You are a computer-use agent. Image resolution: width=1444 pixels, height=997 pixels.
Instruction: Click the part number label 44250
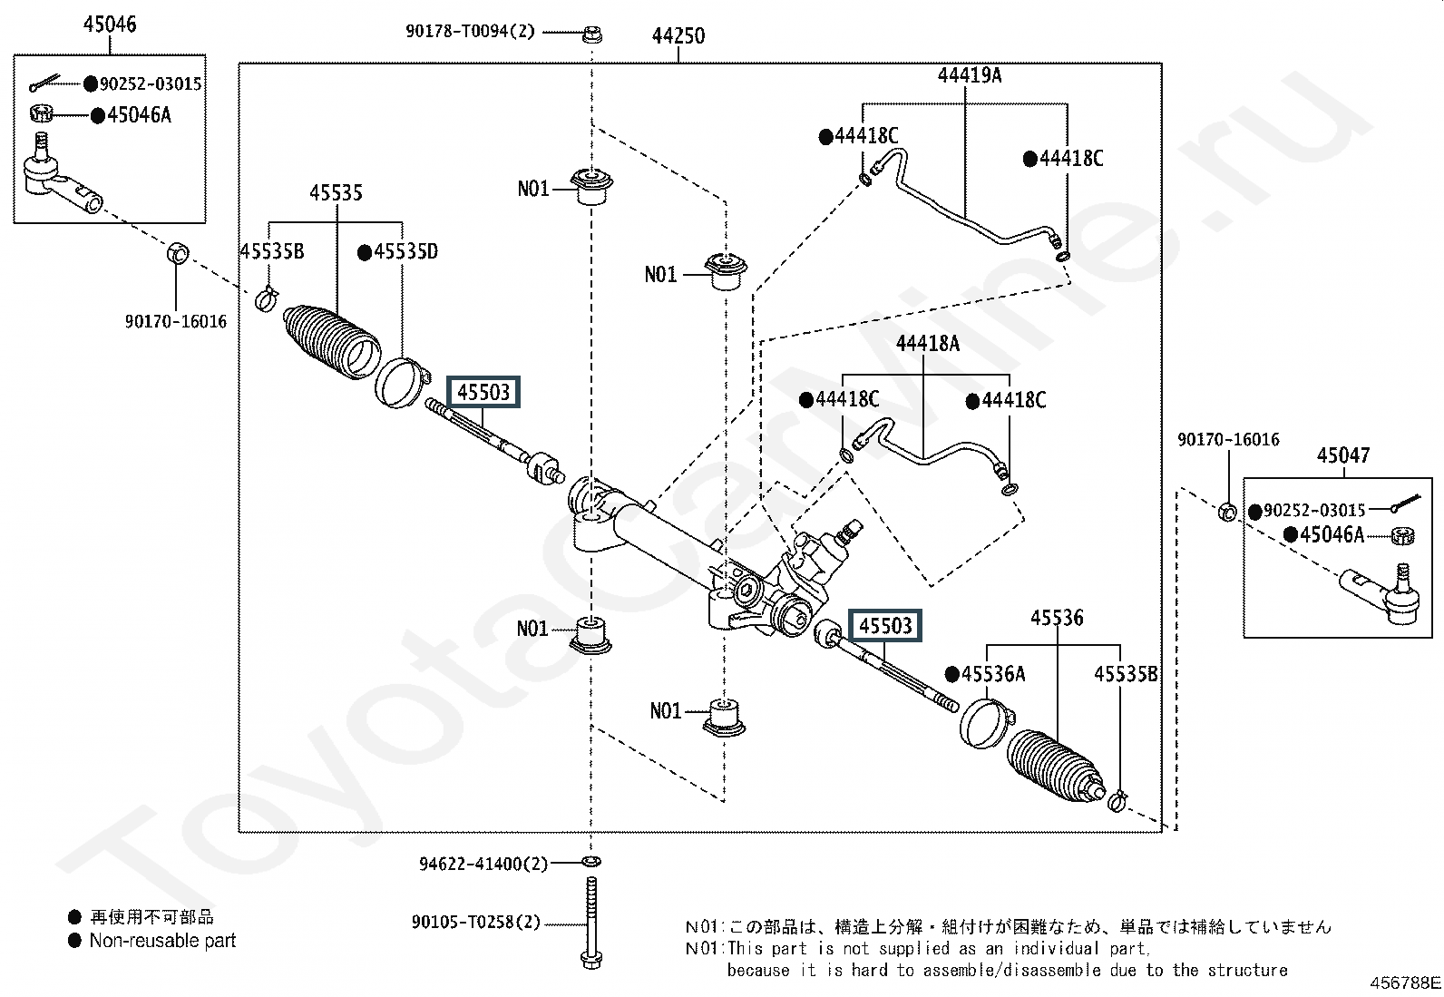pos(678,35)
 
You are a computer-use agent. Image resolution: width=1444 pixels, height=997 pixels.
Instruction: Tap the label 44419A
pos(970,75)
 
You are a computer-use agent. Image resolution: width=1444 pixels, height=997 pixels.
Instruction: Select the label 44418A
pos(928,344)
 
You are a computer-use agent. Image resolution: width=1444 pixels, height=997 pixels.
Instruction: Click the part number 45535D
pos(405,251)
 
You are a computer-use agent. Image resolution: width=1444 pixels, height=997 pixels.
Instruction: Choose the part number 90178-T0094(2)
pos(470,31)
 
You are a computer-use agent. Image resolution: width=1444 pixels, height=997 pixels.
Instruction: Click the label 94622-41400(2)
pos(483,864)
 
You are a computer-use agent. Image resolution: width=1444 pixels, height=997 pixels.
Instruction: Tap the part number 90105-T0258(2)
pos(476,923)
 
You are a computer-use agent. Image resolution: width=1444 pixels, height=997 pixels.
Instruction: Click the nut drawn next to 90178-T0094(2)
pos(591,34)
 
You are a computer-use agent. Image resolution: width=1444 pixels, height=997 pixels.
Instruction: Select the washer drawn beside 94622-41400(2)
pos(591,862)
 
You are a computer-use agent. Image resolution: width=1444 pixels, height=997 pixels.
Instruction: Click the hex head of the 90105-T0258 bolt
pos(590,960)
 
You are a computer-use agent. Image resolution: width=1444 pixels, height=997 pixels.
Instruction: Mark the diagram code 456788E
pos(1405,982)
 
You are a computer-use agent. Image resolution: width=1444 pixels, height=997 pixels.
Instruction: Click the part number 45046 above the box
pos(110,24)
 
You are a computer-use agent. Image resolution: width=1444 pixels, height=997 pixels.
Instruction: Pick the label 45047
pos(1343,455)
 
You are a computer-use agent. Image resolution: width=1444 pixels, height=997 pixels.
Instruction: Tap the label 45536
pos(1058,618)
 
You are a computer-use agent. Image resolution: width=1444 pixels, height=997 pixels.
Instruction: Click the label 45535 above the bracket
pos(336,193)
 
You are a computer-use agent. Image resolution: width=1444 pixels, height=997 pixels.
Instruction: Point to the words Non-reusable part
pos(162,941)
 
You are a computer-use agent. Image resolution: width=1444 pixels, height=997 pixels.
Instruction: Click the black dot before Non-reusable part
pos(74,941)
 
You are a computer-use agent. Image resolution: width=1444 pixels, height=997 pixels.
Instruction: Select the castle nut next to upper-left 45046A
pos(41,113)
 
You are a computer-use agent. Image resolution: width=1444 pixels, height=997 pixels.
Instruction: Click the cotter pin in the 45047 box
pos(1407,503)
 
